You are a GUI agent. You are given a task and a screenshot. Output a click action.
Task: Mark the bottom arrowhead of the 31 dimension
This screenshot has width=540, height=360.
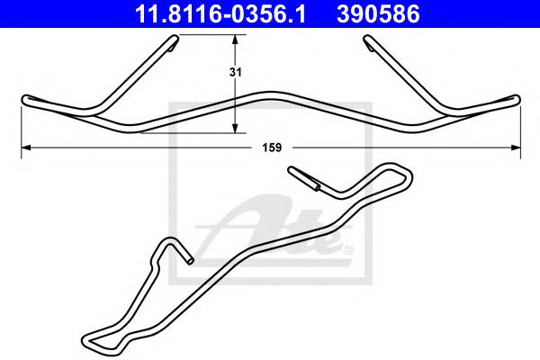(236, 127)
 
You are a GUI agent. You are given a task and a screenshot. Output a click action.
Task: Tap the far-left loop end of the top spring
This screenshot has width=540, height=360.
(24, 100)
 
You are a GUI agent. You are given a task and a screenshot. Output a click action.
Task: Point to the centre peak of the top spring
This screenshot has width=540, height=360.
(270, 92)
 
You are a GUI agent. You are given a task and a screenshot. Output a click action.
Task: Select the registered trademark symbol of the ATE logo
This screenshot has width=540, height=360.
(349, 248)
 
